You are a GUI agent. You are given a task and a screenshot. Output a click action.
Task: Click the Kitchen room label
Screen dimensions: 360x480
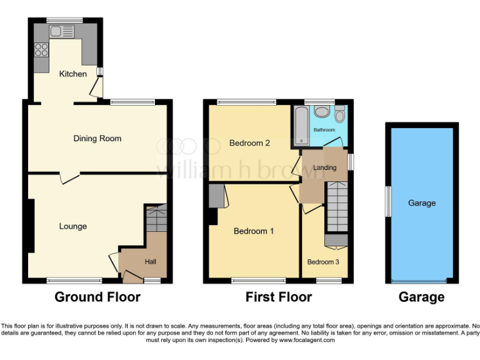pos(73,74)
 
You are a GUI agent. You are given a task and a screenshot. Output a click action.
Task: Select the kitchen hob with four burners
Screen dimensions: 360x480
pos(42,49)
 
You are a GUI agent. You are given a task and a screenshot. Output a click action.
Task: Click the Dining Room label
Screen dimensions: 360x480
pos(97,138)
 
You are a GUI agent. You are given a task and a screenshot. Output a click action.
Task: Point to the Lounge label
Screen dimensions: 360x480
pos(73,226)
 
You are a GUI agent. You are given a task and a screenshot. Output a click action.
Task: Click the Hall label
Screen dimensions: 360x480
pos(151,261)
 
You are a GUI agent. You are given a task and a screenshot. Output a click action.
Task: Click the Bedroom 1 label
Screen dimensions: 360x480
pos(254,231)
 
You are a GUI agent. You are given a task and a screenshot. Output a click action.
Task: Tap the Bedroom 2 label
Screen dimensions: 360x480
pos(249,143)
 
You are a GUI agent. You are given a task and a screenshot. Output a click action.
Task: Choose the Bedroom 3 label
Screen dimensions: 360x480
pos(323,262)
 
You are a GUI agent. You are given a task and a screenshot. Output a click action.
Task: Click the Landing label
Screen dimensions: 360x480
pos(325,167)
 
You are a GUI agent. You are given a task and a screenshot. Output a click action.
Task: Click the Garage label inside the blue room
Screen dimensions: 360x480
pos(422,202)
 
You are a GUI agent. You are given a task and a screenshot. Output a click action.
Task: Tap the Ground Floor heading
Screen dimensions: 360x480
pos(97,297)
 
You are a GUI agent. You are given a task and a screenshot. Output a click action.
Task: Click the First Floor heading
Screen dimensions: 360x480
pos(278,297)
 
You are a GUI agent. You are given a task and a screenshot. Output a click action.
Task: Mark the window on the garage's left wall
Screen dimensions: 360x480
pos(387,202)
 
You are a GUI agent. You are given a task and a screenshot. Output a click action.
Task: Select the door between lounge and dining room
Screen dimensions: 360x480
pos(69,178)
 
